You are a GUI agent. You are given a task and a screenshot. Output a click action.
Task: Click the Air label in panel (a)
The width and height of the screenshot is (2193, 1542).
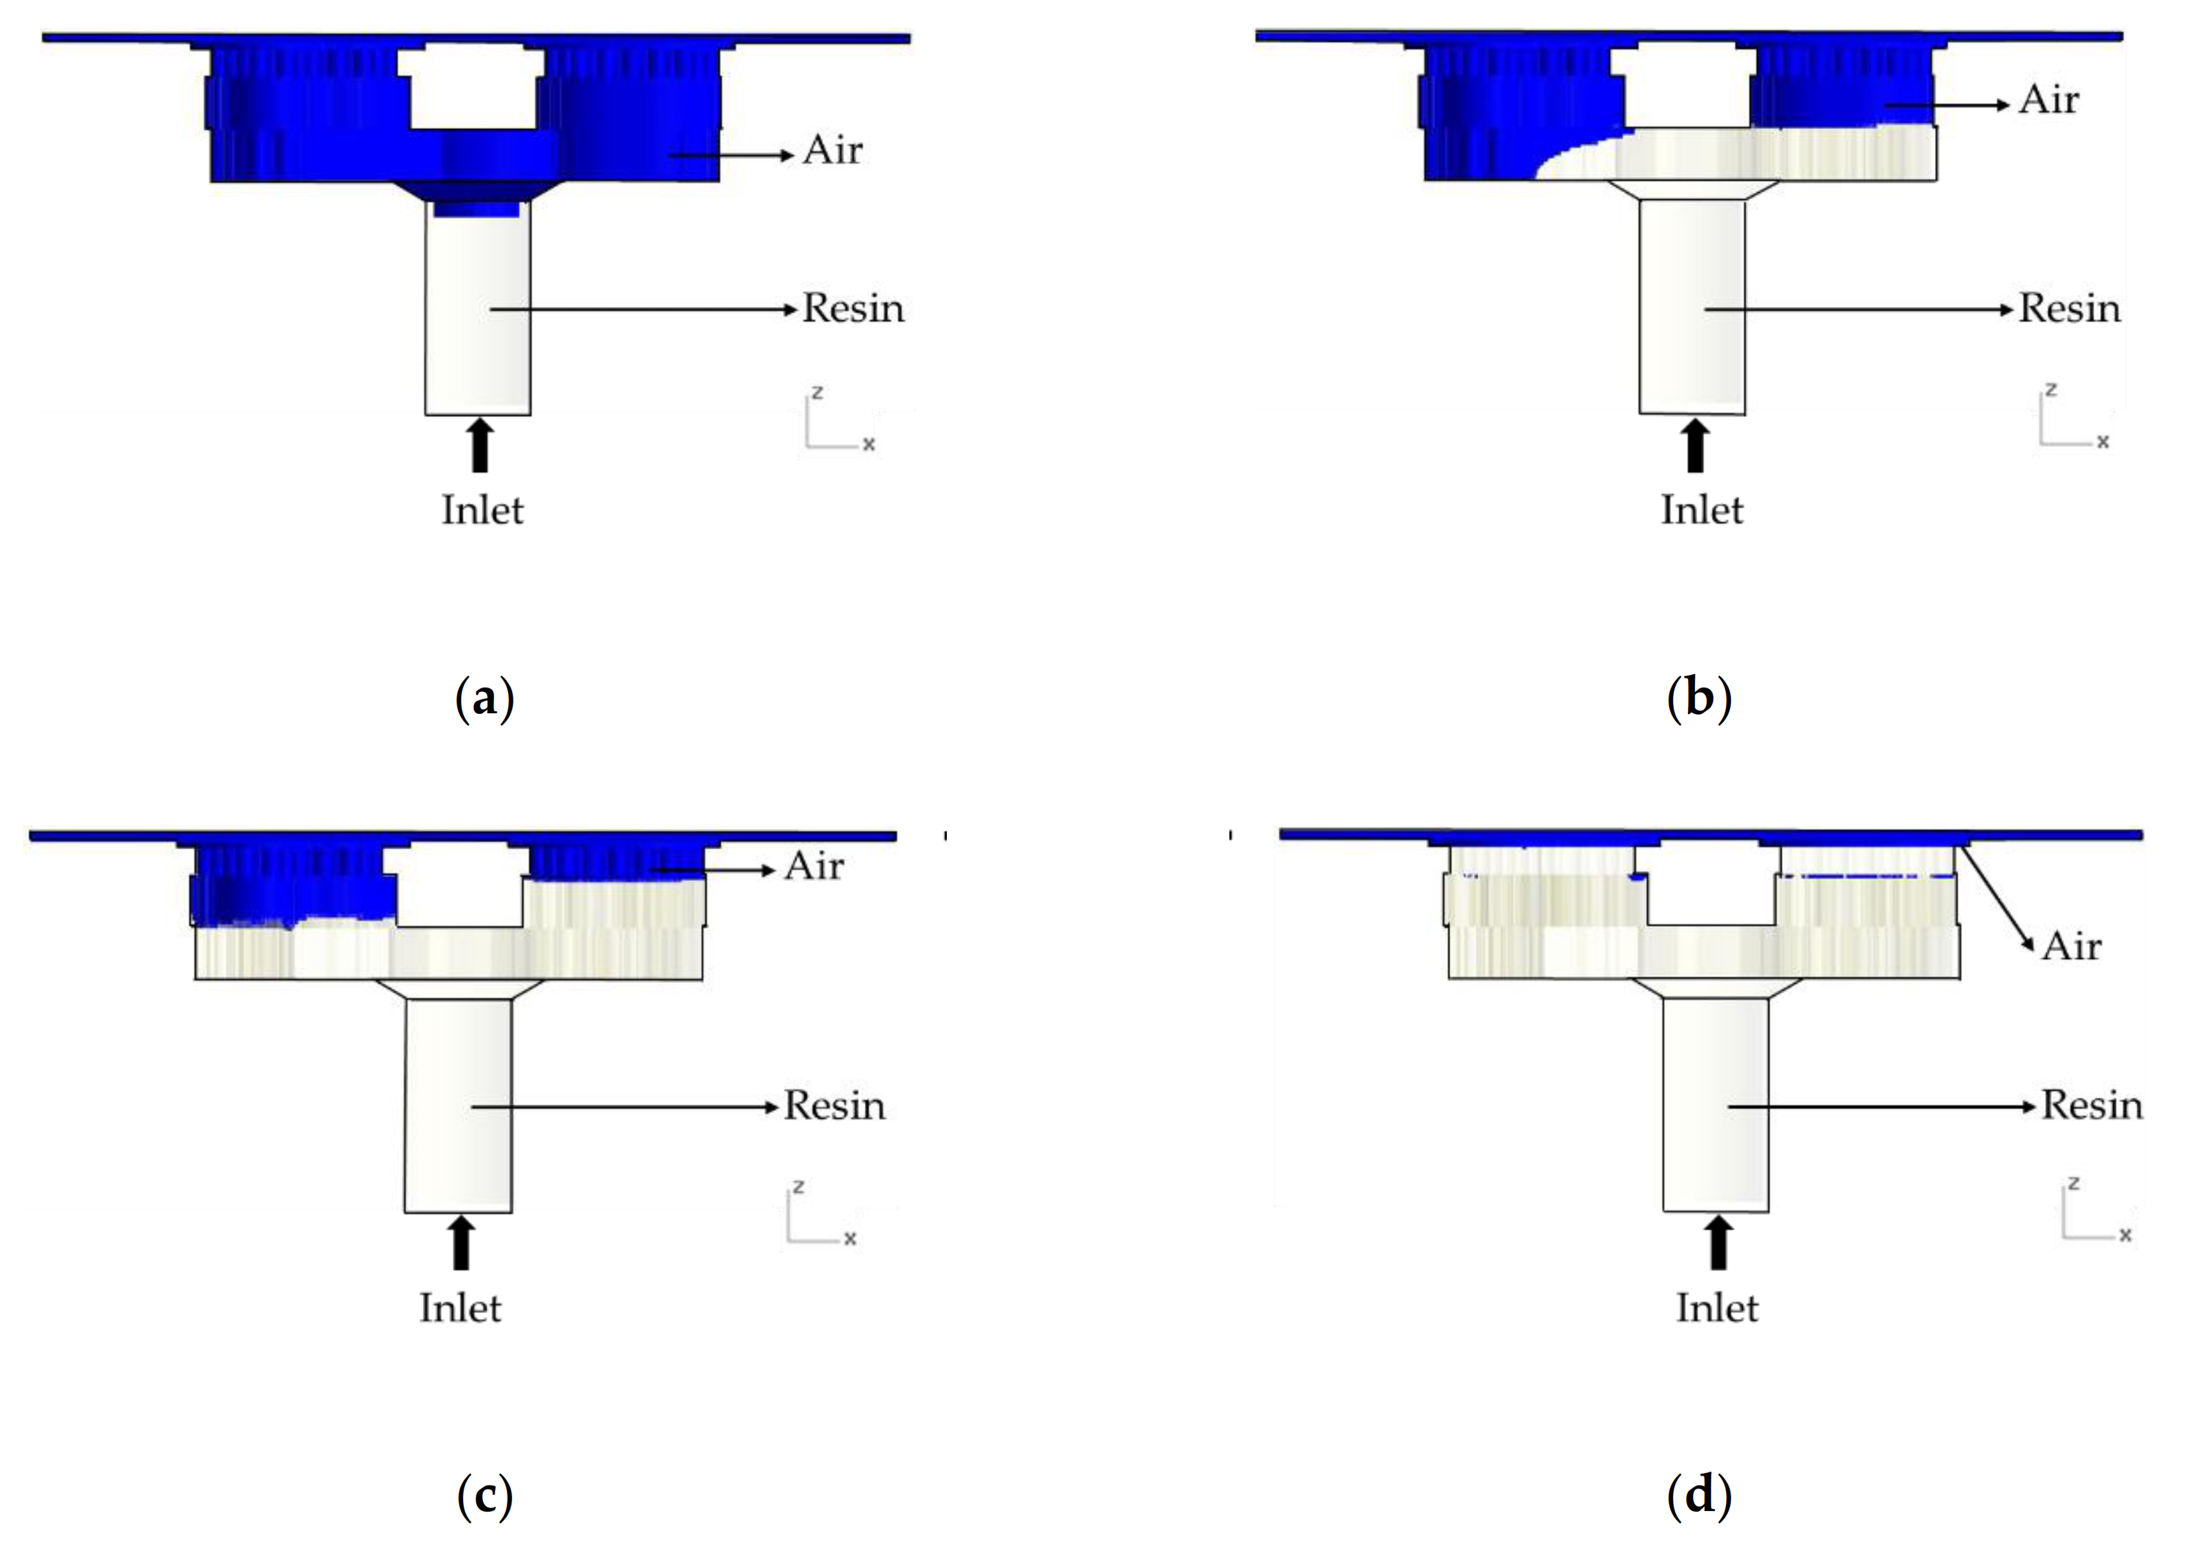[x=832, y=151]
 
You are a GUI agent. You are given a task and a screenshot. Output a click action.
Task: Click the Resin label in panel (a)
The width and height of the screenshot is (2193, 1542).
[x=853, y=308]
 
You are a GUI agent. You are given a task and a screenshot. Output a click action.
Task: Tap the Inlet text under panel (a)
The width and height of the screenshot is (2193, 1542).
[x=482, y=510]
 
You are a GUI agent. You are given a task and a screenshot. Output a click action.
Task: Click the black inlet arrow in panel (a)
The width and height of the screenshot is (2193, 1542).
[x=481, y=446]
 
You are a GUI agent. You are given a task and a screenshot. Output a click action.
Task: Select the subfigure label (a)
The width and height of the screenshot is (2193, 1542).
[x=484, y=699]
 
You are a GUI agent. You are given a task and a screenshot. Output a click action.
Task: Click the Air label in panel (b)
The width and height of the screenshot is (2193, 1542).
[x=2049, y=100]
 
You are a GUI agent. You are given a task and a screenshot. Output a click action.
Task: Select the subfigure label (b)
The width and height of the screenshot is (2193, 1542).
[x=1699, y=699]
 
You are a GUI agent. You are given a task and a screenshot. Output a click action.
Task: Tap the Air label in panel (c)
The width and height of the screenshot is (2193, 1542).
[x=814, y=867]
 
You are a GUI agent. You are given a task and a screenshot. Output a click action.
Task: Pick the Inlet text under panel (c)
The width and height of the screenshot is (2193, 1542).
[x=461, y=1308]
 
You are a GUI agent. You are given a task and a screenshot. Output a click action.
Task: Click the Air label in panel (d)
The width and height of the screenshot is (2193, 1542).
[x=2072, y=947]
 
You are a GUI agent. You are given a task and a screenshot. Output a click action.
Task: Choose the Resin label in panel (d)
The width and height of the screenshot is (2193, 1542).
[x=2092, y=1105]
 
